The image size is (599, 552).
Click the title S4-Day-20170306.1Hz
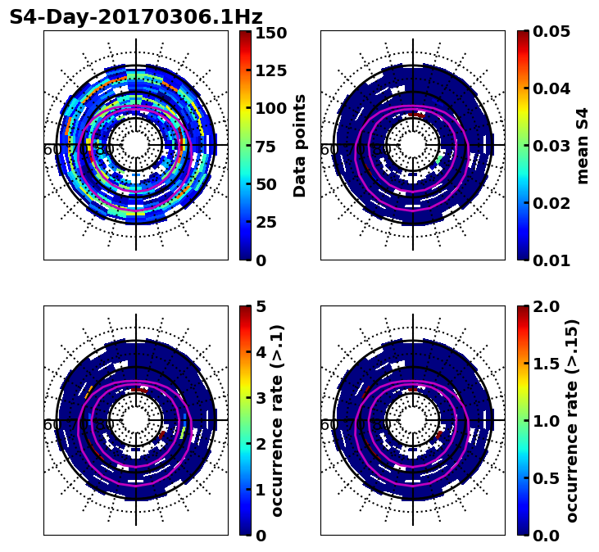coord(135,17)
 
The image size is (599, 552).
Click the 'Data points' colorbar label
coord(300,146)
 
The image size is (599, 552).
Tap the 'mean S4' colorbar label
coord(583,146)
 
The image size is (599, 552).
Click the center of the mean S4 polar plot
coord(413,145)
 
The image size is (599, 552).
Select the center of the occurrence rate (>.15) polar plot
coord(413,420)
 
